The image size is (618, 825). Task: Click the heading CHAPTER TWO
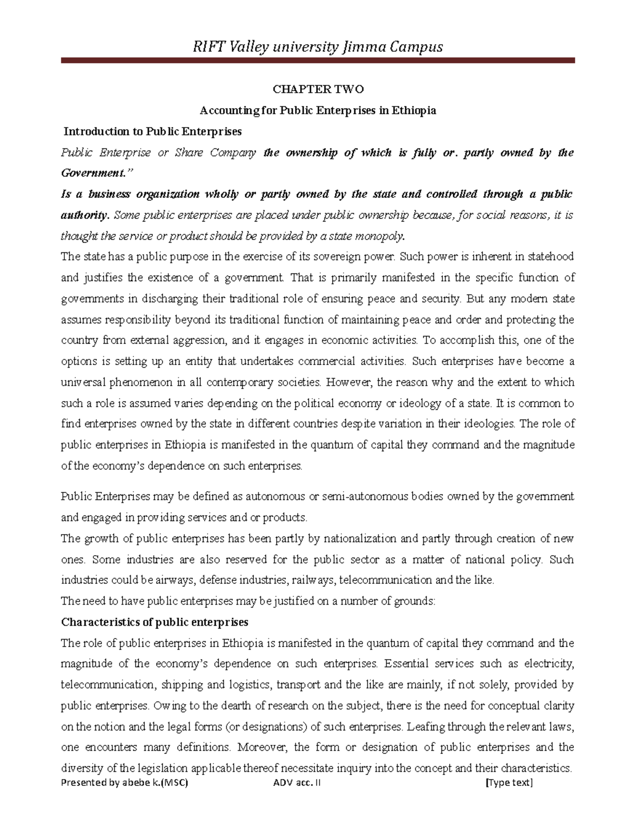click(x=318, y=90)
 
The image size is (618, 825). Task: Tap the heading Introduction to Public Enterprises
click(x=152, y=132)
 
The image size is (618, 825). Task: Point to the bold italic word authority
click(x=84, y=215)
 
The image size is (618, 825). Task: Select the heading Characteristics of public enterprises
click(x=154, y=622)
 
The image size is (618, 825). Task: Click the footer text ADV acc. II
click(x=297, y=783)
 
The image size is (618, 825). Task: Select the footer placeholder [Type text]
click(x=509, y=783)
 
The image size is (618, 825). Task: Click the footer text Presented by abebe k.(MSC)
click(x=124, y=783)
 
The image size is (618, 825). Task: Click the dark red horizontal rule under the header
click(x=318, y=61)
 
